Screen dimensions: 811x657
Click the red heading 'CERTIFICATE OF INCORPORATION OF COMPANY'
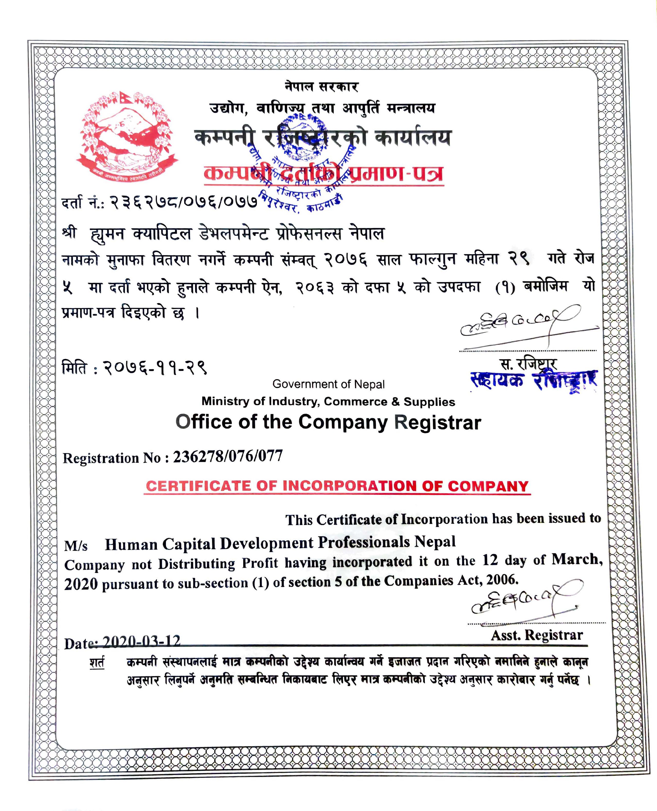(337, 486)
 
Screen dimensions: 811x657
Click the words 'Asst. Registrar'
(537, 635)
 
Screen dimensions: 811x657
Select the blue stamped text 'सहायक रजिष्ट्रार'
(534, 380)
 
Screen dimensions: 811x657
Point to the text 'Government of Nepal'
(328, 384)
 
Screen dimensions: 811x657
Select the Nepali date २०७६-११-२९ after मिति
(155, 367)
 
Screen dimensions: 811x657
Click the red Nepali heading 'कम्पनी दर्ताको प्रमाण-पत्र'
(324, 174)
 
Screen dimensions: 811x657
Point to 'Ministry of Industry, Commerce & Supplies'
(328, 402)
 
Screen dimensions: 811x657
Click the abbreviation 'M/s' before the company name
(76, 546)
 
